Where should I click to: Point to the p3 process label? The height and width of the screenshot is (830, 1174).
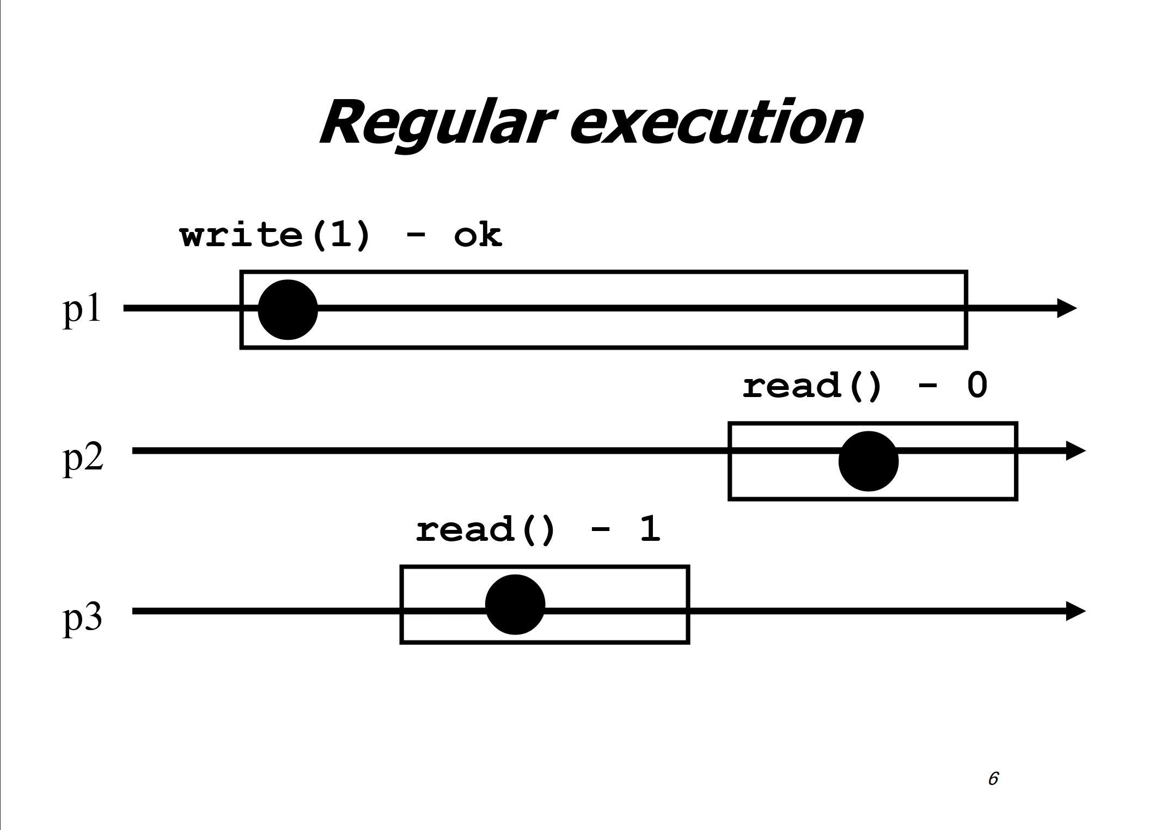pos(83,618)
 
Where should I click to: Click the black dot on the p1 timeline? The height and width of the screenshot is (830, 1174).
pos(288,309)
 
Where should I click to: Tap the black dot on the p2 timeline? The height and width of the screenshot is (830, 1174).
pos(868,461)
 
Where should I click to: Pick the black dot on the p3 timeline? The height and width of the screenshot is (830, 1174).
pos(515,605)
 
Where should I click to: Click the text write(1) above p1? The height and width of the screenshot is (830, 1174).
pos(275,236)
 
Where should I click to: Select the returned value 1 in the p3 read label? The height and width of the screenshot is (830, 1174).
pos(650,529)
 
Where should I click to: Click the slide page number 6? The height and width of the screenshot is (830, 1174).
pos(993,779)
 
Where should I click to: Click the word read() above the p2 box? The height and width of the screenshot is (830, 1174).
pos(811,387)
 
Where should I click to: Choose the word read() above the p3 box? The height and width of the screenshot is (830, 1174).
pos(485,530)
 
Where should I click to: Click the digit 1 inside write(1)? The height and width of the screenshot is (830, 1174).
pos(336,236)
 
